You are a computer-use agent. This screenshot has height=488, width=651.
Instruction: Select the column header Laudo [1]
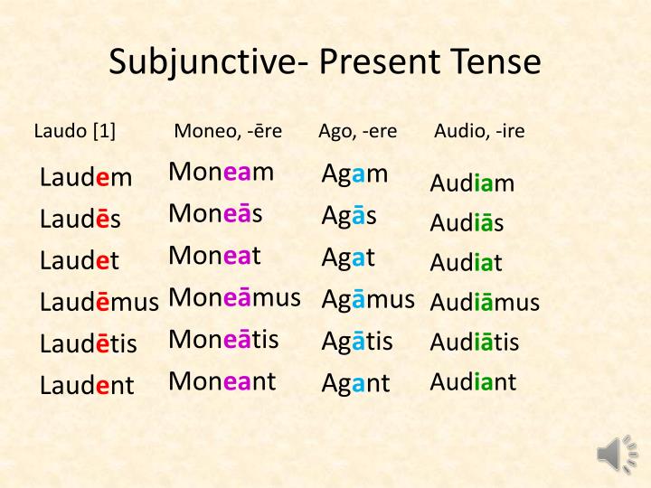(x=75, y=131)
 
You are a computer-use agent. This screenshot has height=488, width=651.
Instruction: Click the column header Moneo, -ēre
(x=228, y=131)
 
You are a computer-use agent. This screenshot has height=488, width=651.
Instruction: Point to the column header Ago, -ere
(x=357, y=131)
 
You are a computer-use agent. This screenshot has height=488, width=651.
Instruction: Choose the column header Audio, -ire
(x=479, y=131)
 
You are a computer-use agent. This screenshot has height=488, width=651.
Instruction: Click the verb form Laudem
(x=86, y=177)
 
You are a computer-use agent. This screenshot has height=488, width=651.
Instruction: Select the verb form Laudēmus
(x=99, y=302)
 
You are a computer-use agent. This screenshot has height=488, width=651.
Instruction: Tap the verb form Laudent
(x=87, y=385)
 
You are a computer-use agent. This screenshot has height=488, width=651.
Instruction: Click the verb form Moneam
(x=221, y=172)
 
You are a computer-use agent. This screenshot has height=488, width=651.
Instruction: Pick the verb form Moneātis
(x=223, y=339)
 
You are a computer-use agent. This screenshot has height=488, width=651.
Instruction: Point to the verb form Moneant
(x=222, y=380)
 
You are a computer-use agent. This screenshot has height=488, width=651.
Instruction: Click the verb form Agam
(x=354, y=174)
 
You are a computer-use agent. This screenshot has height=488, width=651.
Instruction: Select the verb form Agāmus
(x=368, y=297)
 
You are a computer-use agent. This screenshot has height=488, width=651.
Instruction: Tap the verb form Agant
(x=355, y=382)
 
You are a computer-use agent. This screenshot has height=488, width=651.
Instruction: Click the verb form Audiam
(x=472, y=184)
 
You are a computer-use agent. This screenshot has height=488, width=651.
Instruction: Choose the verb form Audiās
(x=467, y=223)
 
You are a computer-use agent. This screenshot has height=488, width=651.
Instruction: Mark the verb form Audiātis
(x=475, y=343)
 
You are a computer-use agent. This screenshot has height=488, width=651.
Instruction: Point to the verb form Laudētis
(x=88, y=343)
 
